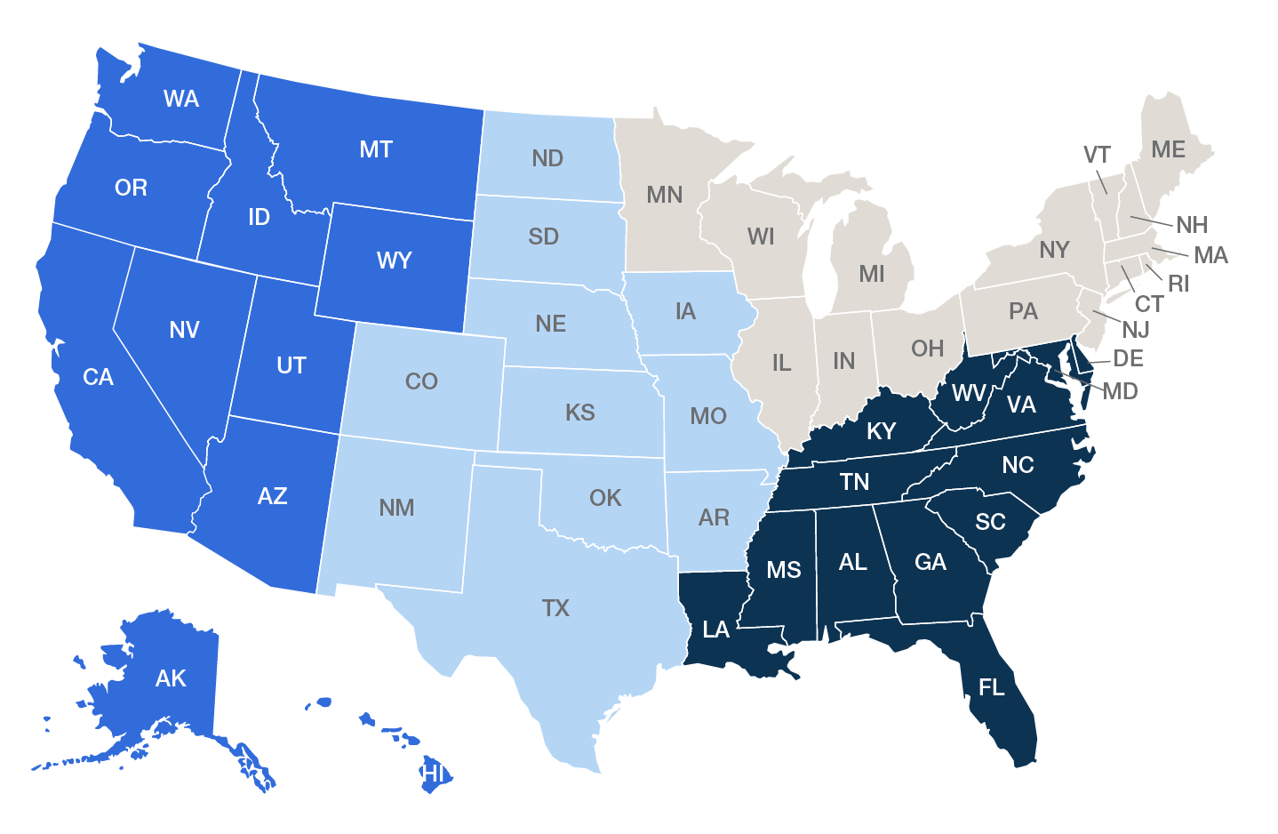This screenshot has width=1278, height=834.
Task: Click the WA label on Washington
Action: click(x=181, y=99)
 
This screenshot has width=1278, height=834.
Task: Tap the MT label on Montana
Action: click(x=376, y=149)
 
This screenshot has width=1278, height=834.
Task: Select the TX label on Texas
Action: click(x=555, y=608)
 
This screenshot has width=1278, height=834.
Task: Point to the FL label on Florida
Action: click(x=992, y=687)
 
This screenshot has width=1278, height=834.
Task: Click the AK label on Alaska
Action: click(x=171, y=678)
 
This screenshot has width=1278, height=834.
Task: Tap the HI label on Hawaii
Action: click(x=433, y=773)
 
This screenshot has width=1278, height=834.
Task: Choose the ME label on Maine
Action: click(x=1168, y=149)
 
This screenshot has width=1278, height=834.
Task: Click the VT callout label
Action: click(x=1097, y=155)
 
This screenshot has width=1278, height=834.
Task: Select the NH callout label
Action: click(x=1192, y=225)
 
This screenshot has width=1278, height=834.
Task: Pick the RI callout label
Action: click(x=1178, y=284)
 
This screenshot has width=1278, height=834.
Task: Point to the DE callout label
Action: click(x=1128, y=359)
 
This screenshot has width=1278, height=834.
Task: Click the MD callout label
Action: click(x=1120, y=391)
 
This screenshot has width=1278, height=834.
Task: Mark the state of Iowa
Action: click(x=685, y=316)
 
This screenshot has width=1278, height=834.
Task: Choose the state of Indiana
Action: click(x=843, y=365)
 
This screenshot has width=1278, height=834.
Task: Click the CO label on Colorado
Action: click(x=421, y=381)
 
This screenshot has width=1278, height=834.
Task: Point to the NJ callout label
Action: click(x=1136, y=330)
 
